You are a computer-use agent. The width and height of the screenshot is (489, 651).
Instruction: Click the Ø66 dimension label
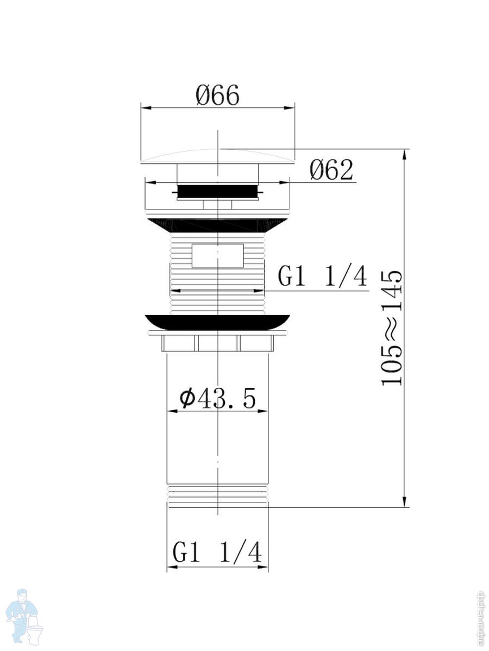pyautogui.click(x=217, y=95)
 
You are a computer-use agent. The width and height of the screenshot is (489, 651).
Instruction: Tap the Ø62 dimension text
pyautogui.click(x=331, y=170)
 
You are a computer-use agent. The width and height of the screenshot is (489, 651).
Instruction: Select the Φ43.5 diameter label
pyautogui.click(x=217, y=399)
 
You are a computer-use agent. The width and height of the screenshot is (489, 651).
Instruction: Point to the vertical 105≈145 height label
pyautogui.click(x=392, y=328)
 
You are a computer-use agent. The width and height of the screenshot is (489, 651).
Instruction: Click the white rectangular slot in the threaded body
pyautogui.click(x=218, y=256)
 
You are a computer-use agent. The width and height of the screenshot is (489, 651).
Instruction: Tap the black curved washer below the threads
pyautogui.click(x=218, y=322)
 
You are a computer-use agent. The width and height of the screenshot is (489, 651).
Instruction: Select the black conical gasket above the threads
pyautogui.click(x=218, y=225)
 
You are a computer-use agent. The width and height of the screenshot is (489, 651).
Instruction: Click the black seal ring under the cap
pyautogui.click(x=218, y=192)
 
